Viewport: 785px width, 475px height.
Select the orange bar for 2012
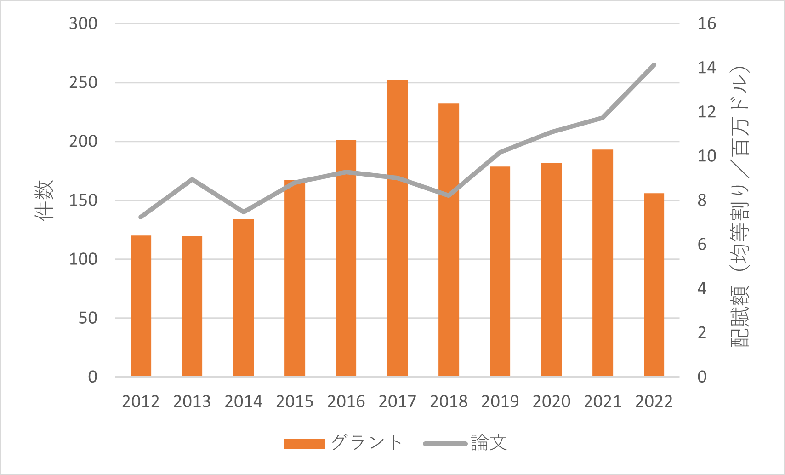(141, 306)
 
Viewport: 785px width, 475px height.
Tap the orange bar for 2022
(654, 285)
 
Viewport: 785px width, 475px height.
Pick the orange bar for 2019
(500, 271)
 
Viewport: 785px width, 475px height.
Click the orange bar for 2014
(243, 298)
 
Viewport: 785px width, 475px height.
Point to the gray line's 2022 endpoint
(654, 65)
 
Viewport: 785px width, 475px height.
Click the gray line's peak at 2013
(192, 179)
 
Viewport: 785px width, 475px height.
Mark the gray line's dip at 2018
(449, 195)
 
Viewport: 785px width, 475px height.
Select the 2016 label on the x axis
(346, 401)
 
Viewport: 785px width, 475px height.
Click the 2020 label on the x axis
(551, 401)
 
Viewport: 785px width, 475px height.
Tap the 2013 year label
(192, 401)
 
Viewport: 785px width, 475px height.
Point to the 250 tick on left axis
(83, 83)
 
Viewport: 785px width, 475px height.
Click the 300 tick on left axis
(83, 23)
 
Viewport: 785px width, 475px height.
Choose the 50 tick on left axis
(88, 318)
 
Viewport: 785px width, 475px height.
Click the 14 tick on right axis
(706, 68)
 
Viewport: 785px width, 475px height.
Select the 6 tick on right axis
(702, 244)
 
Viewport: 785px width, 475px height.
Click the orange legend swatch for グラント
(304, 443)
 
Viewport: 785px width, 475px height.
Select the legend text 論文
(489, 443)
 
